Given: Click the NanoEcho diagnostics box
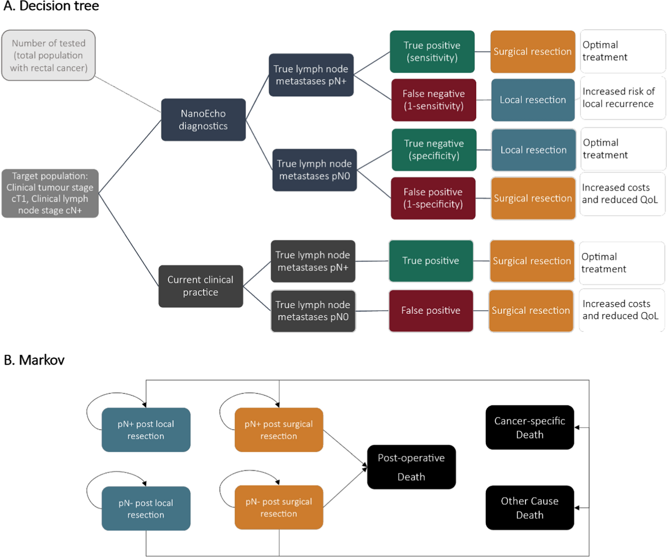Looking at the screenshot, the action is point(203,120).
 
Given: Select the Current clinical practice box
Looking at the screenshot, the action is point(201,286).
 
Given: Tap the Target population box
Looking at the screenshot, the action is point(50,193).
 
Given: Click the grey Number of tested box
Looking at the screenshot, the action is point(49,56).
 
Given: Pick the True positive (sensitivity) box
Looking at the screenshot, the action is point(432,52).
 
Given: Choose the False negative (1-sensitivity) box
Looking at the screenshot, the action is point(434,100).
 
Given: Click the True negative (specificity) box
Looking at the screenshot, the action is point(434,150).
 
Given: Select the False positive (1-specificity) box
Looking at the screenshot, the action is point(433,198).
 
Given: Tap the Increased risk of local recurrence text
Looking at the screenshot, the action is point(619,98).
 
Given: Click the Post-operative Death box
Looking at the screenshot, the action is point(411,467).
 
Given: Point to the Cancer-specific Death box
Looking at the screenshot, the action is point(530,427).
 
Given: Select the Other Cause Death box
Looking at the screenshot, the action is point(530,508).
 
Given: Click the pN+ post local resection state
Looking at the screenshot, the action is point(146,430).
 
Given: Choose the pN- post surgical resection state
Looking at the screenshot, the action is point(279,507).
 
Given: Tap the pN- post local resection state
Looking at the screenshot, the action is point(146,508).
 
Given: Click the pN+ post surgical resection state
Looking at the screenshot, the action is point(279,430).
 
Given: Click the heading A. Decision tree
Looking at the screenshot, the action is point(51,6).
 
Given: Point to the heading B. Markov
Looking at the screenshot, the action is point(34,360).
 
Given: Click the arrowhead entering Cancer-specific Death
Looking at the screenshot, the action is point(577,428).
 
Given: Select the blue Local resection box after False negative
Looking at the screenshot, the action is point(533,100).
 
